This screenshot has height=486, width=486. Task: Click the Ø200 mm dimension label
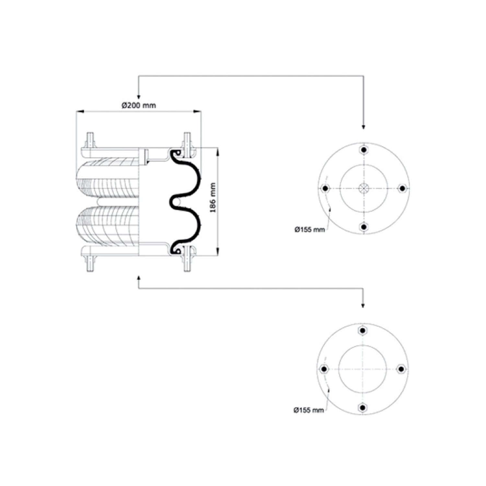[139, 105]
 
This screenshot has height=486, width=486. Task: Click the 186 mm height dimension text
[213, 198]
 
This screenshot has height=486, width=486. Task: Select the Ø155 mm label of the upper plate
[309, 230]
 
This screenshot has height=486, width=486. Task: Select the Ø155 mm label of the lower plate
[309, 410]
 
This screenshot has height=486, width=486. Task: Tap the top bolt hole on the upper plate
[364, 150]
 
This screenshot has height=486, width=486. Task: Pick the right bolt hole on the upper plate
[402, 188]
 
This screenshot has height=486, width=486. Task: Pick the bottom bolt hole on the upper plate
[364, 227]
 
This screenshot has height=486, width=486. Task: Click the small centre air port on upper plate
[364, 188]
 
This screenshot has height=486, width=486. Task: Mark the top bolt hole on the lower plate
[363, 331]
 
